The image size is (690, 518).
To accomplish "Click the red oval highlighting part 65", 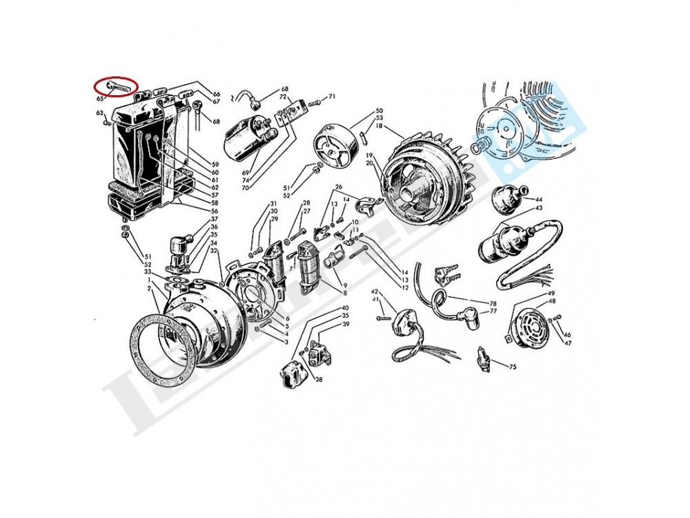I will (117, 88).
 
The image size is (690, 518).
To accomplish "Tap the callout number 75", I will (513, 367).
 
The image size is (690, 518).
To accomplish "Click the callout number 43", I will (538, 208).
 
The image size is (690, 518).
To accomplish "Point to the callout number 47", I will (567, 343).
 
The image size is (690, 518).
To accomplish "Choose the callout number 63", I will (99, 113).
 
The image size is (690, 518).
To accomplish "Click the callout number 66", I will (216, 94).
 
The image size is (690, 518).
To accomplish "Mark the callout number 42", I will (375, 291).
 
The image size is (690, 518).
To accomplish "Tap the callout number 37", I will (214, 219).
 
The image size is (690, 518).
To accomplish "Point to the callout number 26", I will (339, 187).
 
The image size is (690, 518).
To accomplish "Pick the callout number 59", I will (215, 164).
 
